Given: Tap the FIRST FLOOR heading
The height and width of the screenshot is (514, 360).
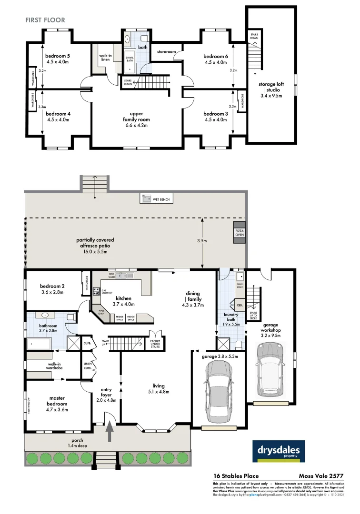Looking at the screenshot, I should click(x=45, y=20).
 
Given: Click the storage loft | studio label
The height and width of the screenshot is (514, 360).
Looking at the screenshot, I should click(x=270, y=90).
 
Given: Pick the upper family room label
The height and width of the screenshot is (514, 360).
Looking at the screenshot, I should click(x=136, y=119).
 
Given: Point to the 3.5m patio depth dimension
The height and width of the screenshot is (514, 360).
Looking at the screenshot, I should click(x=202, y=241).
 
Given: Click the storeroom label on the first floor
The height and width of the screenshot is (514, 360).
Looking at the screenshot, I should click(x=167, y=51).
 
